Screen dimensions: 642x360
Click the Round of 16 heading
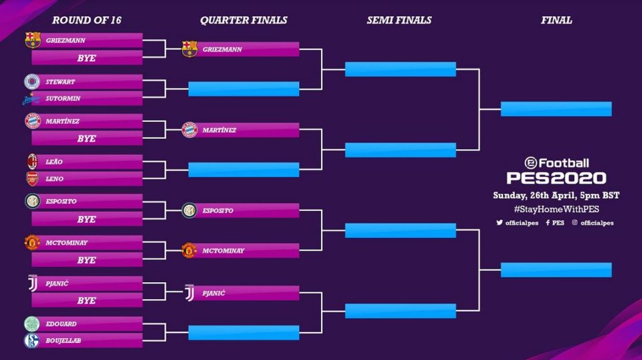tap(87, 20)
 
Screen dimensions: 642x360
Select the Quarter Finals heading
tap(244, 20)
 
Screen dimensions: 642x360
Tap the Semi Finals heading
tap(399, 20)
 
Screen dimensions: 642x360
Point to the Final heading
tap(557, 20)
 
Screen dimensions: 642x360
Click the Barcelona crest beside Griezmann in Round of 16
tap(33, 40)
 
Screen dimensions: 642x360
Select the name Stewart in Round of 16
tap(60, 82)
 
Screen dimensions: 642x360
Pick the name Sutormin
tap(63, 98)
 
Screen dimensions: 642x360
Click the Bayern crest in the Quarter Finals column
tap(189, 130)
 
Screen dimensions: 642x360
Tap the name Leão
tap(54, 162)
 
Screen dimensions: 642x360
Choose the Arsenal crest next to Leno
tap(33, 179)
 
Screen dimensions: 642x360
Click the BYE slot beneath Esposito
tap(87, 219)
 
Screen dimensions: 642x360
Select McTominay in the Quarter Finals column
tap(223, 251)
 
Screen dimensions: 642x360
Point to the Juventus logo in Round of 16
tap(33, 283)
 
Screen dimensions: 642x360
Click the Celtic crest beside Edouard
tap(32, 324)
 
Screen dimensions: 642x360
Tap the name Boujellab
tap(63, 341)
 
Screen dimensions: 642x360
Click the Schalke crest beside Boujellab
tap(32, 341)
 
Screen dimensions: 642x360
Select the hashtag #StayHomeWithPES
tap(557, 209)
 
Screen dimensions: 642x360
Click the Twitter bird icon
tap(500, 223)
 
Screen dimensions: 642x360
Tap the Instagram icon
tap(575, 223)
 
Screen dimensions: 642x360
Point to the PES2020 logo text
tap(557, 178)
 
